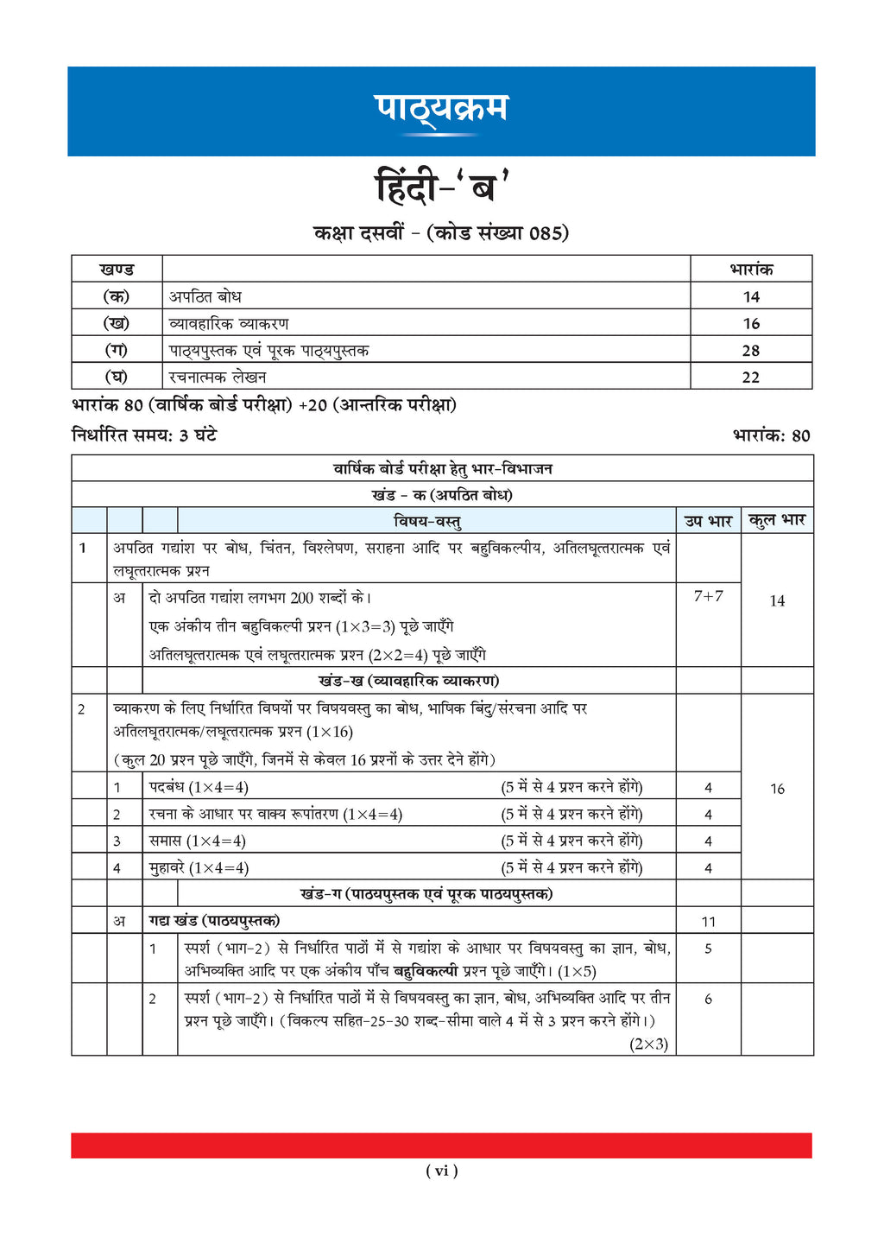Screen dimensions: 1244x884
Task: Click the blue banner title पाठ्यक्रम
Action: (441, 110)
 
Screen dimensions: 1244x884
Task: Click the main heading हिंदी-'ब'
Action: (441, 187)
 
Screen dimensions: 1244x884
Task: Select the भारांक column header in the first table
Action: (751, 270)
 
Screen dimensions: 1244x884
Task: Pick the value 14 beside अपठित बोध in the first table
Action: (751, 297)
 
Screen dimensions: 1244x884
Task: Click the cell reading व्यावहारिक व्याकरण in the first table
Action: (229, 324)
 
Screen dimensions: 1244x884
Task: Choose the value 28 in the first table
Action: (751, 351)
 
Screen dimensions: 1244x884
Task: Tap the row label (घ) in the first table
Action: (117, 378)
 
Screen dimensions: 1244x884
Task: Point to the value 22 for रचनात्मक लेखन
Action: (751, 378)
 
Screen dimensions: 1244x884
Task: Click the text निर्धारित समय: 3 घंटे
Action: (144, 435)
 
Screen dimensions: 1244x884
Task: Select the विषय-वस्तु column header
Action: (427, 521)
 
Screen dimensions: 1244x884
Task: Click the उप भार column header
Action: (708, 521)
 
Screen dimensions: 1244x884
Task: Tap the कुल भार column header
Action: (777, 521)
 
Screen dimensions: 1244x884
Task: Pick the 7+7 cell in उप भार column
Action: (708, 596)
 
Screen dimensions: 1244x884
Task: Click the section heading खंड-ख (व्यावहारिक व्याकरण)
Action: (408, 681)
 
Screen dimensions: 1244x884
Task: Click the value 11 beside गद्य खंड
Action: (708, 922)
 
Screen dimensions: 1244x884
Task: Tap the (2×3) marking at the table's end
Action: (649, 1044)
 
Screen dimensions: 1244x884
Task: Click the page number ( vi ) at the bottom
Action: (441, 1171)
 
